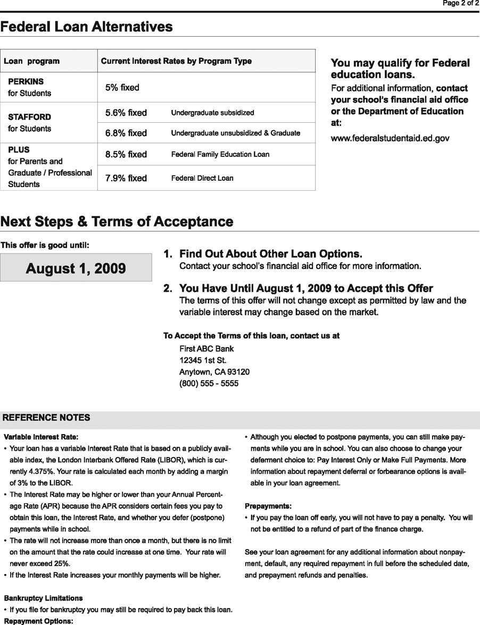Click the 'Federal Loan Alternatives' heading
[86, 27]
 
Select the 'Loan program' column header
[31, 61]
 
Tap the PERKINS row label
[26, 82]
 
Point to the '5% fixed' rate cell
[122, 87]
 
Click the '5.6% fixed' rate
[126, 113]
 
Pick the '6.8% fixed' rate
[126, 133]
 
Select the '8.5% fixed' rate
[126, 154]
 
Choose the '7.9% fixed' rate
[126, 178]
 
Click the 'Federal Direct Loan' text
[202, 179]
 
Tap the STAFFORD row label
[30, 117]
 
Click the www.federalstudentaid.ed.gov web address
[390, 138]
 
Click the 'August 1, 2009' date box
[76, 268]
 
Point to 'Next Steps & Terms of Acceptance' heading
[117, 222]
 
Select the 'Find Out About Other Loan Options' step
[270, 254]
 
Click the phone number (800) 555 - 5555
[209, 383]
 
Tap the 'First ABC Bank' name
[206, 349]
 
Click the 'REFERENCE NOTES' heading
[46, 418]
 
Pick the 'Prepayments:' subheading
[268, 506]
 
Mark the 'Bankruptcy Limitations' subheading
[43, 598]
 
